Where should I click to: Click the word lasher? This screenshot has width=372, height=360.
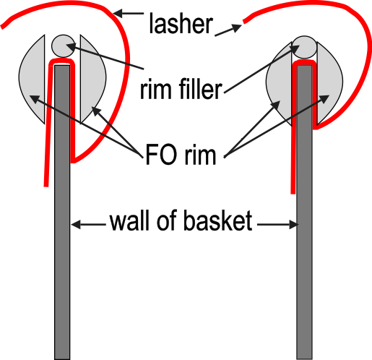181,23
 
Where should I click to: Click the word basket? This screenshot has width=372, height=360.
218,220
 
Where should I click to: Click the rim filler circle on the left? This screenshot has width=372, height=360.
63,46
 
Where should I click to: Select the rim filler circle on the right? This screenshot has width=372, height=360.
304,47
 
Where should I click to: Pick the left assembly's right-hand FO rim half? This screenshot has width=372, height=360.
92,80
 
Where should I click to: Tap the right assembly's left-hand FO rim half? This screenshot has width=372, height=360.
280,83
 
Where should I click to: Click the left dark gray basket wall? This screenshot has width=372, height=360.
62,212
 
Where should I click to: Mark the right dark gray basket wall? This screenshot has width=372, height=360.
305,212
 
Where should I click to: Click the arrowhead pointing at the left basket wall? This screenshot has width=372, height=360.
75,225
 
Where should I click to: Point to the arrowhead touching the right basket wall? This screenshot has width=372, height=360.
294,225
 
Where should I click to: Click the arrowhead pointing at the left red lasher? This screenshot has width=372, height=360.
118,13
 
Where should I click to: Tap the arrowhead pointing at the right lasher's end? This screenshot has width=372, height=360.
236,27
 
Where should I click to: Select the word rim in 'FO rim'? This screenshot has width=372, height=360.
200,155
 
